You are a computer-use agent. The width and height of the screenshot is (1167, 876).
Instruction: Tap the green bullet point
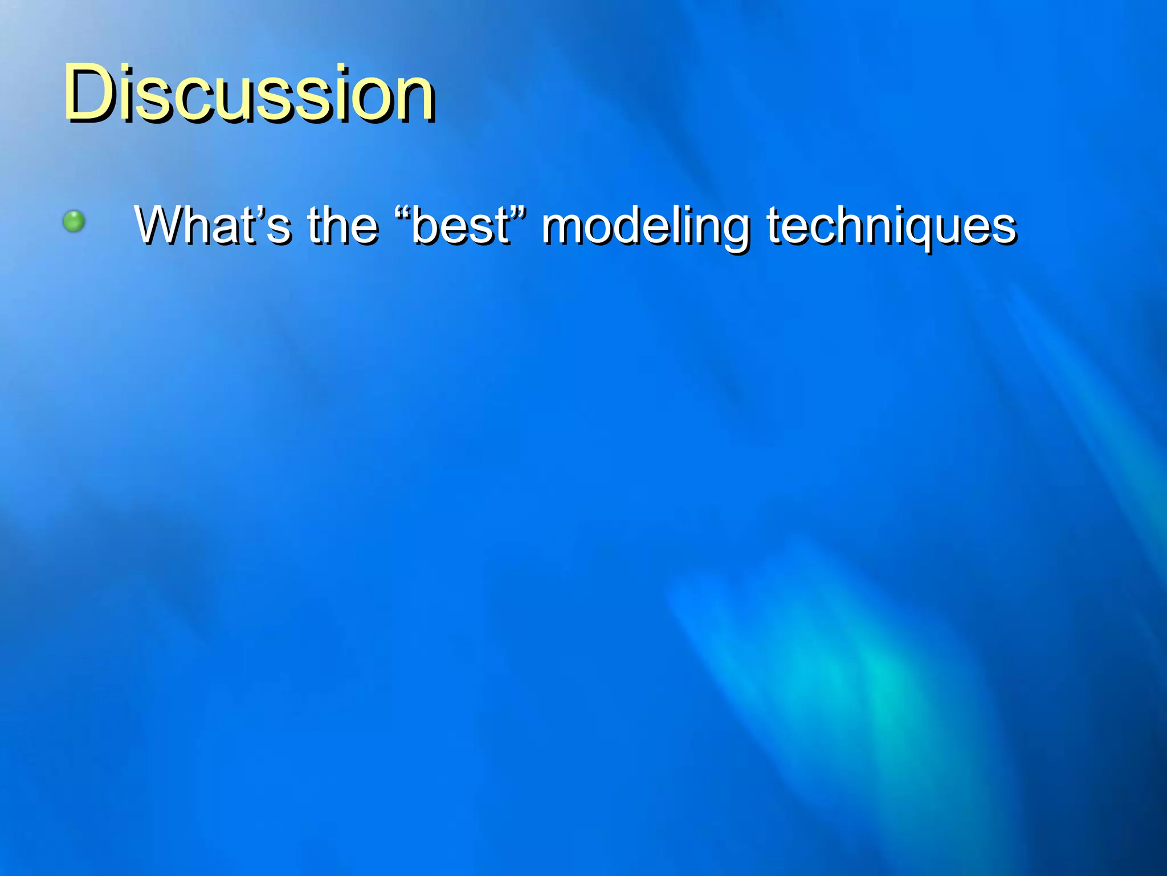74,221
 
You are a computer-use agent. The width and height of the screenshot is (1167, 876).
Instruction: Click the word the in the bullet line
342,225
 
